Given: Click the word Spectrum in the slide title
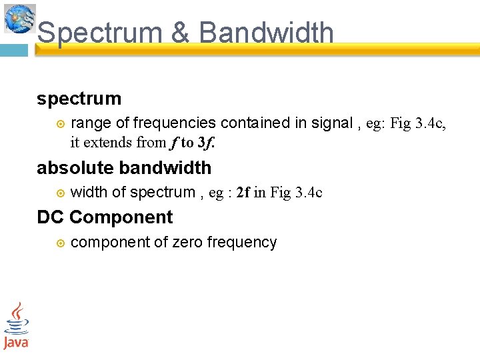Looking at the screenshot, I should coord(100,33).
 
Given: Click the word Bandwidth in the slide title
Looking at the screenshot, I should coord(266,32).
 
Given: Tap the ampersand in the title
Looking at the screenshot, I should coord(180,33).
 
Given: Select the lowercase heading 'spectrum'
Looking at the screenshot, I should coord(79,99).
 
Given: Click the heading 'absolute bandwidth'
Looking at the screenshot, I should coord(124,168).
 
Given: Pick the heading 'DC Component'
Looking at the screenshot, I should coord(105,217).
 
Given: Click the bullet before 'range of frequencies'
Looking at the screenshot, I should coord(60,124).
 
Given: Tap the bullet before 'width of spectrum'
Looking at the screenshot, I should coord(60,193).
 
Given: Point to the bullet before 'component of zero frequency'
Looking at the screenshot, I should coord(60,243).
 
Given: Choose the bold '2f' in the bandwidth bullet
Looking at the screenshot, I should coord(243,193).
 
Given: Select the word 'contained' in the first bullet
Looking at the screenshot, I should coord(253,123).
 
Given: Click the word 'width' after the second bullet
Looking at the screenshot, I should coord(89,193).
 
